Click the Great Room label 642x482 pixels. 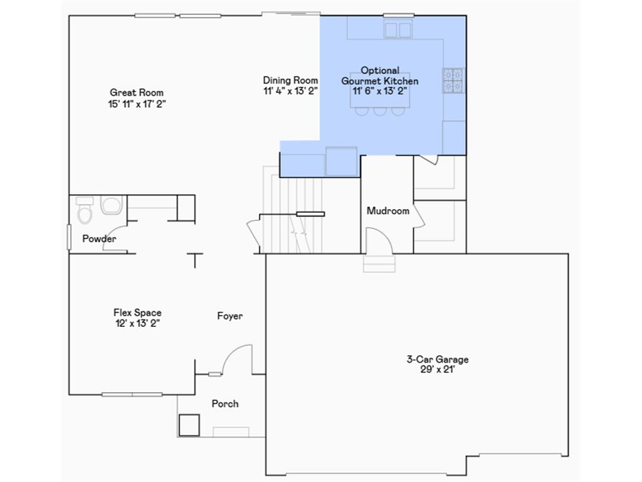(x=136, y=93)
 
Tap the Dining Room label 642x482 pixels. (x=290, y=80)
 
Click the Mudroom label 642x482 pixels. (x=387, y=211)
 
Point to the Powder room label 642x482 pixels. (x=99, y=239)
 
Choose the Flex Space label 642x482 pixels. (x=137, y=313)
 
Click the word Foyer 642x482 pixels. (x=229, y=316)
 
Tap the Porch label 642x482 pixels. (x=224, y=404)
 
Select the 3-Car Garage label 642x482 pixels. (x=437, y=360)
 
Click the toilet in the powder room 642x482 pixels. (x=85, y=212)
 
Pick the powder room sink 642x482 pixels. (x=112, y=205)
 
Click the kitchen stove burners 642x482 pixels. (x=453, y=80)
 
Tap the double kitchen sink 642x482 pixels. (x=397, y=29)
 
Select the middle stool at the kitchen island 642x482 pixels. (x=379, y=111)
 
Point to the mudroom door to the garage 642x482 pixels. (x=378, y=242)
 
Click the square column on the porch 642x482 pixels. (x=189, y=425)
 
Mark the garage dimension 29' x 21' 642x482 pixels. (x=437, y=370)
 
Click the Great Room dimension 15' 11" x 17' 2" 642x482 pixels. (x=136, y=104)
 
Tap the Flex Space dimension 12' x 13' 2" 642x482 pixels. (x=137, y=323)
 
